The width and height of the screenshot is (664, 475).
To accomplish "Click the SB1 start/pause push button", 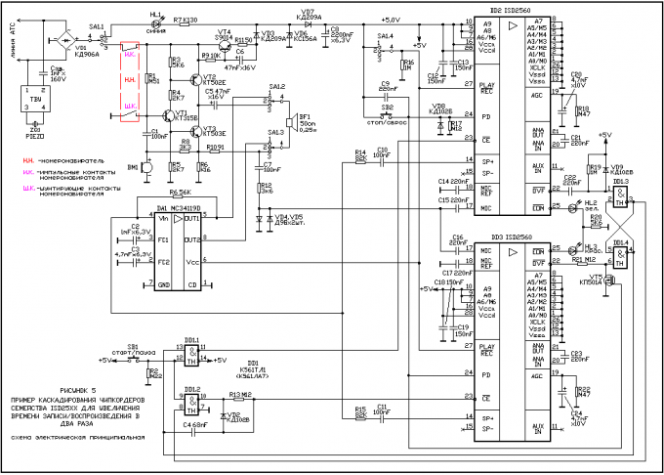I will [133, 359].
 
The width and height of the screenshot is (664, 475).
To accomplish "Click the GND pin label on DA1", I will [163, 283].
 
